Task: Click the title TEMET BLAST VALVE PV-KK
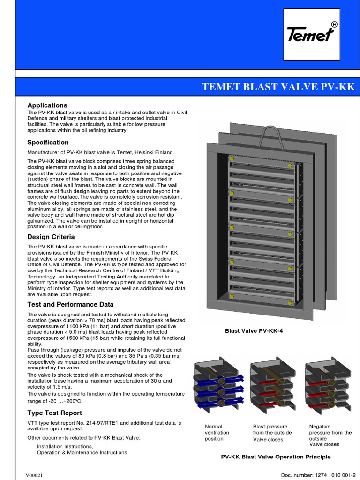point(278,87)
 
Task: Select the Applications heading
point(47,105)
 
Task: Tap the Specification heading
point(48,142)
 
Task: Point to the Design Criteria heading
point(51,237)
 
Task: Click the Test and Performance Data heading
point(70,304)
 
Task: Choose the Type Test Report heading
point(54,413)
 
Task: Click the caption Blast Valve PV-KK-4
point(254,331)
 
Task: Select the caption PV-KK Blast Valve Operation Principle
point(276,457)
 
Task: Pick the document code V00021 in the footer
point(34,475)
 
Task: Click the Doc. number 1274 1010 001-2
point(317,475)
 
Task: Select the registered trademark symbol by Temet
point(334,24)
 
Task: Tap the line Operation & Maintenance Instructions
point(82,453)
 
